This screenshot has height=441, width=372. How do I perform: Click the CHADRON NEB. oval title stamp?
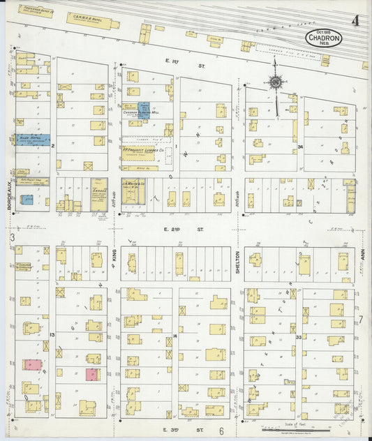(323, 38)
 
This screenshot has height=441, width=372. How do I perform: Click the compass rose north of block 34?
(276, 83)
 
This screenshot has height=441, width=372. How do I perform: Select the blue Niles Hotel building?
(33, 140)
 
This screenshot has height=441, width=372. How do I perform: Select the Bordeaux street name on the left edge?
(8, 196)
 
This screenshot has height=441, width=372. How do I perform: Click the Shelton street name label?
(237, 261)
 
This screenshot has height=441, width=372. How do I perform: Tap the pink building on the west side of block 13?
(31, 365)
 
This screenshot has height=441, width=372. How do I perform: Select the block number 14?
(175, 336)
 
